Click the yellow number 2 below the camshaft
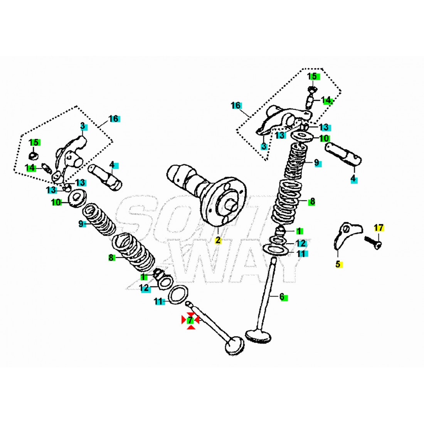click(x=218, y=240)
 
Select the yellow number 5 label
click(x=338, y=264)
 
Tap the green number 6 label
click(x=283, y=296)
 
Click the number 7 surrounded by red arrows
click(x=190, y=320)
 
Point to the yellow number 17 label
click(x=379, y=228)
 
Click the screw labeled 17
click(x=372, y=242)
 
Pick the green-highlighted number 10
click(x=56, y=202)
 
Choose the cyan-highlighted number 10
click(x=324, y=138)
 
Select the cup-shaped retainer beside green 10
click(x=76, y=197)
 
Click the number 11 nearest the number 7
click(x=158, y=301)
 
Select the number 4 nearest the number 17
click(x=353, y=179)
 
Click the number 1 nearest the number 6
click(x=299, y=231)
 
